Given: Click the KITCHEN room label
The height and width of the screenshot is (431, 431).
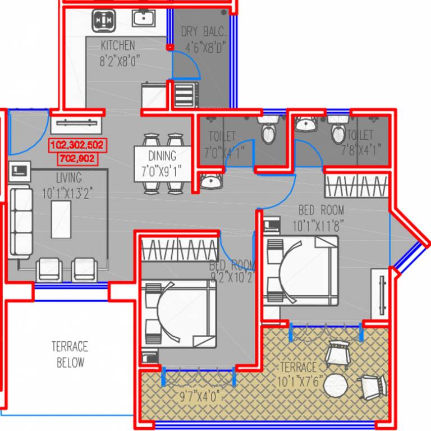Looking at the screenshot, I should point(117,45).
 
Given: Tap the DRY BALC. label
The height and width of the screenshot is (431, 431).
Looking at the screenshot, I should point(203,31).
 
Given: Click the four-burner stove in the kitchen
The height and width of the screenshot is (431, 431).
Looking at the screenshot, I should point(105,20).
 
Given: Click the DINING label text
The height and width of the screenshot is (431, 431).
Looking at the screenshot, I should point(162,156).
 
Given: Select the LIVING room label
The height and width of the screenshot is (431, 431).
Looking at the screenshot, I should point(68,178).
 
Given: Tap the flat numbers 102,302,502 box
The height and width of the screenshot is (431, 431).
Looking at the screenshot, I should point(77,145).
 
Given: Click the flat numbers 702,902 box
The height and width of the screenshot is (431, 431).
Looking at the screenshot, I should point(77,159).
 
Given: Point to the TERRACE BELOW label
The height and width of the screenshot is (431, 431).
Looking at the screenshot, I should point(70,354).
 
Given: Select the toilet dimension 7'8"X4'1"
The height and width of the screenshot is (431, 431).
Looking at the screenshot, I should point(361,149).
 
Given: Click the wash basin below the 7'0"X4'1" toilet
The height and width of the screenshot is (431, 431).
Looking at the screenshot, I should point(210,181).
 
